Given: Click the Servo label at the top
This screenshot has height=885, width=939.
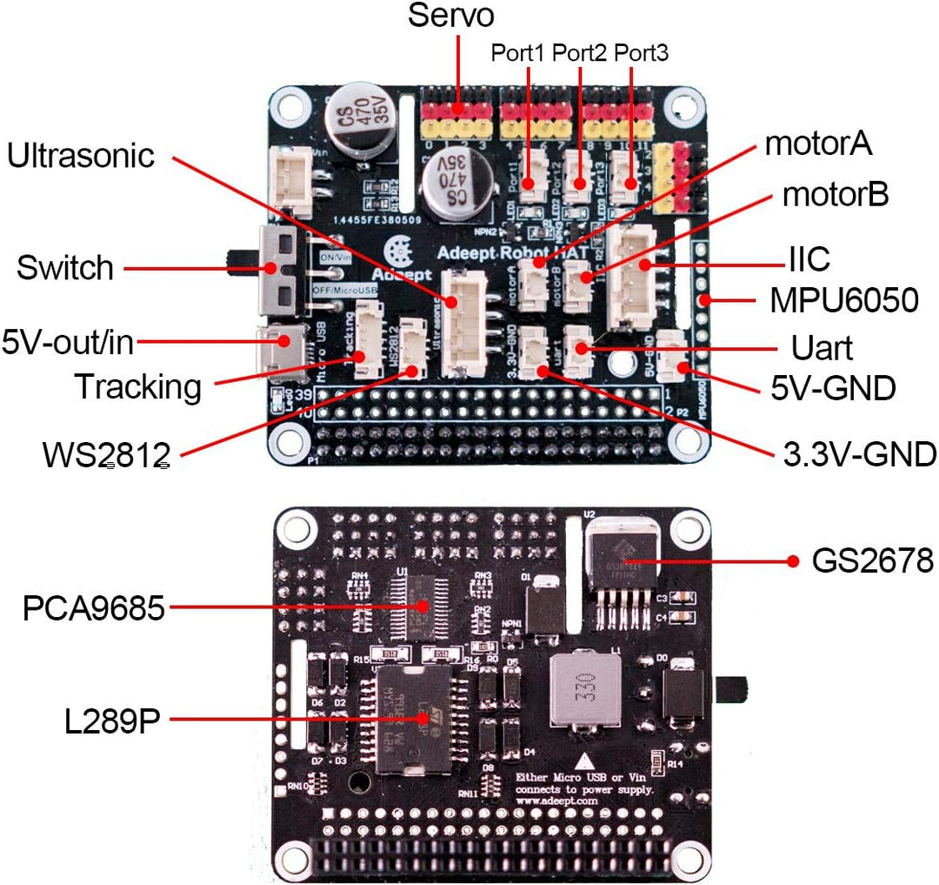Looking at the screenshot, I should [x=451, y=16].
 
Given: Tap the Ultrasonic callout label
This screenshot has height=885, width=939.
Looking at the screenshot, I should [x=81, y=156].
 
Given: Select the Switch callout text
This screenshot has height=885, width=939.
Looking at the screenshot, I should [x=64, y=268].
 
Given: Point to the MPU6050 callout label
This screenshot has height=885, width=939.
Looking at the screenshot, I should [x=843, y=300].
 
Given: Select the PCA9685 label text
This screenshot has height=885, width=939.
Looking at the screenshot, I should [x=93, y=608].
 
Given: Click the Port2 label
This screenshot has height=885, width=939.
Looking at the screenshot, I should [x=579, y=53].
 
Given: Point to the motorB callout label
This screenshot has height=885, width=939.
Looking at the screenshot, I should [x=835, y=196].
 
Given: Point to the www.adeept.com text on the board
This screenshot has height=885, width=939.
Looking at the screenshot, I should [x=556, y=800].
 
